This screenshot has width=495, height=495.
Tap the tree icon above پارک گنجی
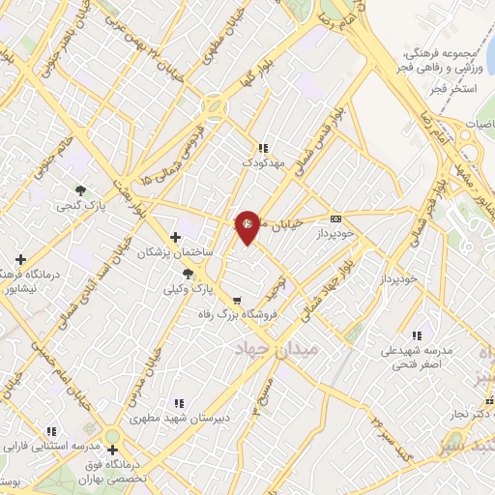click(x=80, y=190)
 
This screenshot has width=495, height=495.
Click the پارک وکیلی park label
click(x=188, y=288)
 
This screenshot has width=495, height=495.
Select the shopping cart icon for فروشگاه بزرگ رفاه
click(x=237, y=300)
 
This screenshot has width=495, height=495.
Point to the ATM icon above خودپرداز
click(x=335, y=218)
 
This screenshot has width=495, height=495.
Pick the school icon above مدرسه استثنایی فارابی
click(x=51, y=431)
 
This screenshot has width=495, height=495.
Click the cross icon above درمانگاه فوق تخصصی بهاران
click(x=113, y=450)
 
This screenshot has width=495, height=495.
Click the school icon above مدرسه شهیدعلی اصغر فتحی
click(x=416, y=335)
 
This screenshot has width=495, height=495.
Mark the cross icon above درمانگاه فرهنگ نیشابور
click(x=20, y=259)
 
